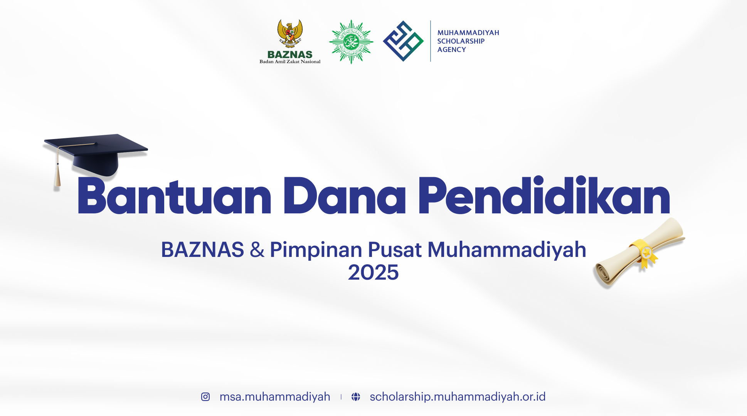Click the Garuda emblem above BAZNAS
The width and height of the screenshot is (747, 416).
pyautogui.click(x=290, y=34)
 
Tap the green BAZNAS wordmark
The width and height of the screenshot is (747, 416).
pyautogui.click(x=290, y=55)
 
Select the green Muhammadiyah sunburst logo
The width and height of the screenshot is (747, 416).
pyautogui.click(x=351, y=42)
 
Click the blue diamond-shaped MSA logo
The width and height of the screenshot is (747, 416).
pyautogui.click(x=403, y=41)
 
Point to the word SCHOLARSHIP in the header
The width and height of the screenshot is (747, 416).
pyautogui.click(x=461, y=41)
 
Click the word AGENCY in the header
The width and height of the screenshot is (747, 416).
pyautogui.click(x=451, y=50)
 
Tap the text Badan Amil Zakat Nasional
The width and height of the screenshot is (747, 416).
pyautogui.click(x=290, y=62)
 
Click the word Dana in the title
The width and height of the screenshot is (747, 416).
pyautogui.click(x=345, y=196)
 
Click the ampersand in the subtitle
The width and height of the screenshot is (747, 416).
pyautogui.click(x=257, y=250)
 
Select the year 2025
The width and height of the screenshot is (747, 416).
pyautogui.click(x=373, y=273)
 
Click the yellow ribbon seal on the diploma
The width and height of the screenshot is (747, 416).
pyautogui.click(x=644, y=253)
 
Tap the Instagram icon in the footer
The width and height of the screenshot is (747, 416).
pyautogui.click(x=205, y=397)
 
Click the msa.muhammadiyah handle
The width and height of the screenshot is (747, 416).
pyautogui.click(x=275, y=397)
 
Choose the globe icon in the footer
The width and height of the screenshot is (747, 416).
pyautogui.click(x=356, y=397)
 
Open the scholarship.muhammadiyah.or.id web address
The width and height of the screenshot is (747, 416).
pyautogui.click(x=458, y=397)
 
